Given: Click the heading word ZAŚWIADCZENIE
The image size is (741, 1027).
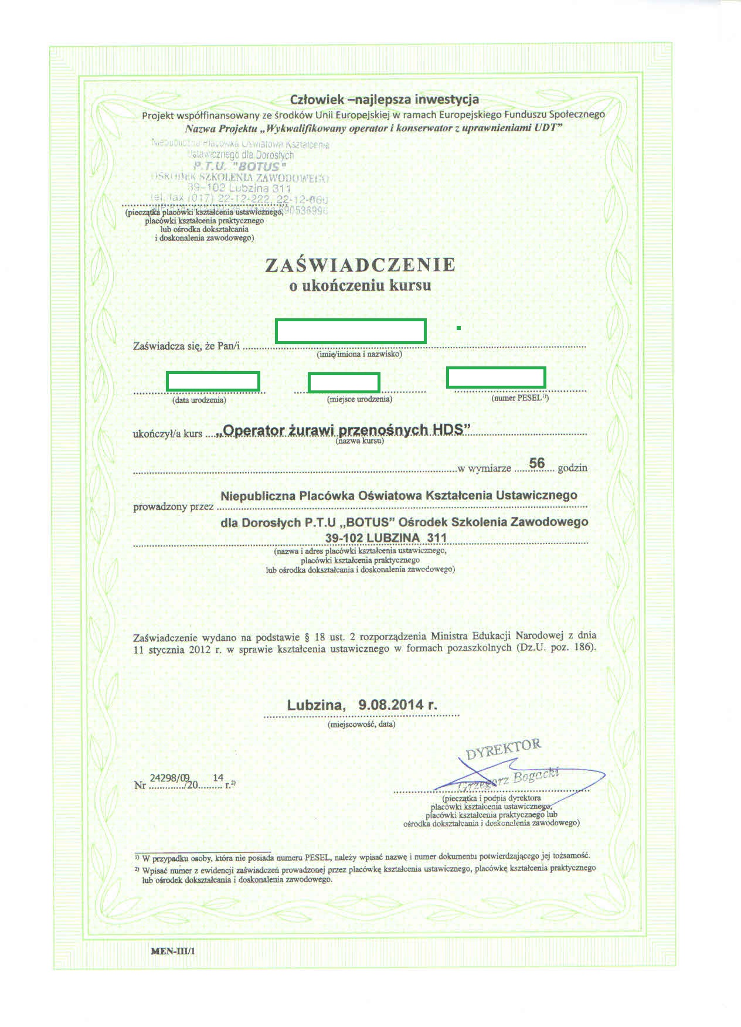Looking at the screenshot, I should pyautogui.click(x=360, y=265).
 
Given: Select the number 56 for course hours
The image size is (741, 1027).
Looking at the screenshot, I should pyautogui.click(x=536, y=463).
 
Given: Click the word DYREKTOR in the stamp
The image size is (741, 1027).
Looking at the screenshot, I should pyautogui.click(x=503, y=749).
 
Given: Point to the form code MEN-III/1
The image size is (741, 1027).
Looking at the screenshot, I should pyautogui.click(x=173, y=951).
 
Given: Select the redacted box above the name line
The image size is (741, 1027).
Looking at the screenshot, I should pyautogui.click(x=351, y=331).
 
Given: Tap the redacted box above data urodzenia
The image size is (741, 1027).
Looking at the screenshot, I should pyautogui.click(x=213, y=381).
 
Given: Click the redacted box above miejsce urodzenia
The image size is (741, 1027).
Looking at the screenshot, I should pyautogui.click(x=344, y=382).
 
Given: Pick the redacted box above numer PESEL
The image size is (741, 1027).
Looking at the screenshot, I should pyautogui.click(x=496, y=377).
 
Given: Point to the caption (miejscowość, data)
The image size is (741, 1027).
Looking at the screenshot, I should pyautogui.click(x=362, y=724).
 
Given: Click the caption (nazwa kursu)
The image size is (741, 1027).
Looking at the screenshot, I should pyautogui.click(x=360, y=441).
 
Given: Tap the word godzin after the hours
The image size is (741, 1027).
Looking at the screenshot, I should pyautogui.click(x=572, y=468).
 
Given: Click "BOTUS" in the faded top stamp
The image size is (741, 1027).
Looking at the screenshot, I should pyautogui.click(x=256, y=166).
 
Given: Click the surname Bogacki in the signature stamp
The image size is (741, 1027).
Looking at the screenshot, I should pyautogui.click(x=536, y=776).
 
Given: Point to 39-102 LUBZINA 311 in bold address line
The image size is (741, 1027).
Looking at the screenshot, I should pyautogui.click(x=386, y=538).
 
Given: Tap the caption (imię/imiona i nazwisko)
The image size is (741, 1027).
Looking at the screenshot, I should pyautogui.click(x=359, y=354).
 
